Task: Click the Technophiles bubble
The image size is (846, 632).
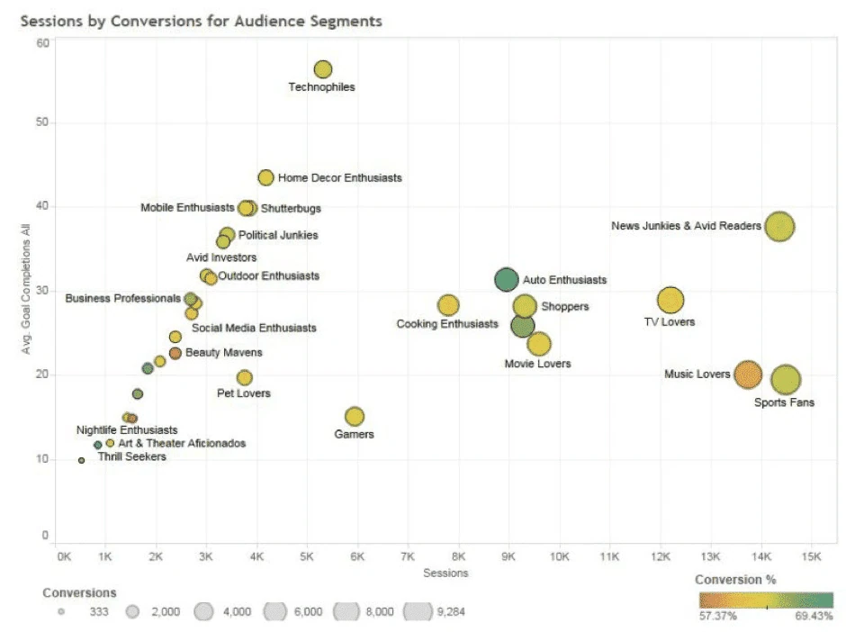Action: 322,69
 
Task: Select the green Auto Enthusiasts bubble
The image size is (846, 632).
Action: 506,279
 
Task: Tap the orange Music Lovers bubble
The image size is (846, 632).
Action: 748,375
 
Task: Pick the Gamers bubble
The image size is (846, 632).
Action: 355,416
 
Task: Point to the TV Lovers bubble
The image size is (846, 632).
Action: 670,300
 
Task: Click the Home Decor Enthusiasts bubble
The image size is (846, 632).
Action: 265,177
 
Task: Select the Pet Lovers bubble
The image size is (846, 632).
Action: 245,377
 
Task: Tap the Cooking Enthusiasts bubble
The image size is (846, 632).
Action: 448,305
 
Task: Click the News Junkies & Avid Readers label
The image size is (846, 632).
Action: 686,226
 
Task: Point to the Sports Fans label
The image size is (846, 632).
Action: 784,402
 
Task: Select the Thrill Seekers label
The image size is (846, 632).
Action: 131,456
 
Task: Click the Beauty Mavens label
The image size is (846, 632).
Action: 224,352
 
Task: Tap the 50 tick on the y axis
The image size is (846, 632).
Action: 42,122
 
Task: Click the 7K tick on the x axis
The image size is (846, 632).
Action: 408,556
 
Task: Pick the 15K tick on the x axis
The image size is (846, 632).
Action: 812,556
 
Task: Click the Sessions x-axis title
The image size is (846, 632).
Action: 445,573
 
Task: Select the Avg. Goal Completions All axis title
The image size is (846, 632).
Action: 25,289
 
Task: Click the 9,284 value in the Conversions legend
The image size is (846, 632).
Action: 451,611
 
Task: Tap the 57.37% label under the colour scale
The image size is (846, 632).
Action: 717,616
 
